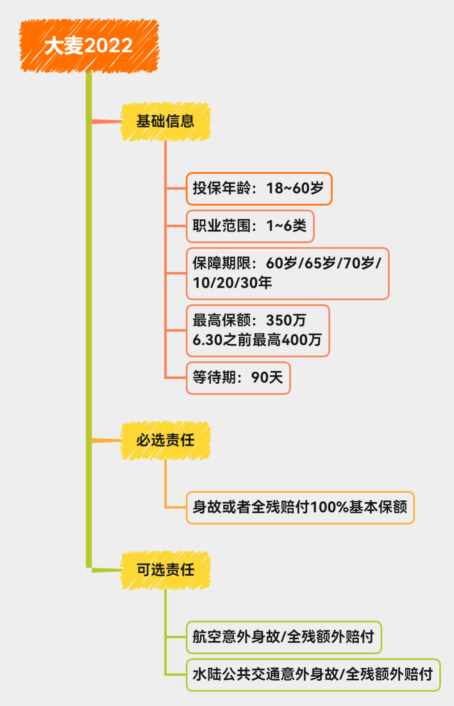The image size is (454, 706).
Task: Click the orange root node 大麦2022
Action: coord(89,45)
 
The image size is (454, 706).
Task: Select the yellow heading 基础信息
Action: coord(165,122)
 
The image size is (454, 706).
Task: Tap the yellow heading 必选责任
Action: coord(165,441)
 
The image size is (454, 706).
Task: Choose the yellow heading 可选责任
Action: coord(165,570)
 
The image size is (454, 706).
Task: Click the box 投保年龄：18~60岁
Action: coord(259,188)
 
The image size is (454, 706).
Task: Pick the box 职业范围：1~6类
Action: coord(250,226)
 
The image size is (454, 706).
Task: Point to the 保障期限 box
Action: coord(288,273)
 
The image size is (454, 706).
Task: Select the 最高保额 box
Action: coord(257,330)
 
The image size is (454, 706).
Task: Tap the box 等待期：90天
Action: coord(238,377)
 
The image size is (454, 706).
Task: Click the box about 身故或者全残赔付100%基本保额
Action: coord(300,507)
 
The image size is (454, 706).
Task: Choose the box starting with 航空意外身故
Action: coord(284,637)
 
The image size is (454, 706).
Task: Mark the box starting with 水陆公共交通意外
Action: coord(313,674)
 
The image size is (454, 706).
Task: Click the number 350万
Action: coord(286,321)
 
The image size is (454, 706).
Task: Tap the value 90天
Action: coord(267,377)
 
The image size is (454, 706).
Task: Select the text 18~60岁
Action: coord(295,188)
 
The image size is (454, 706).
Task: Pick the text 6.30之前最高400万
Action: coord(257,340)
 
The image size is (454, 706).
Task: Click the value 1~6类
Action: coord(286,226)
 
